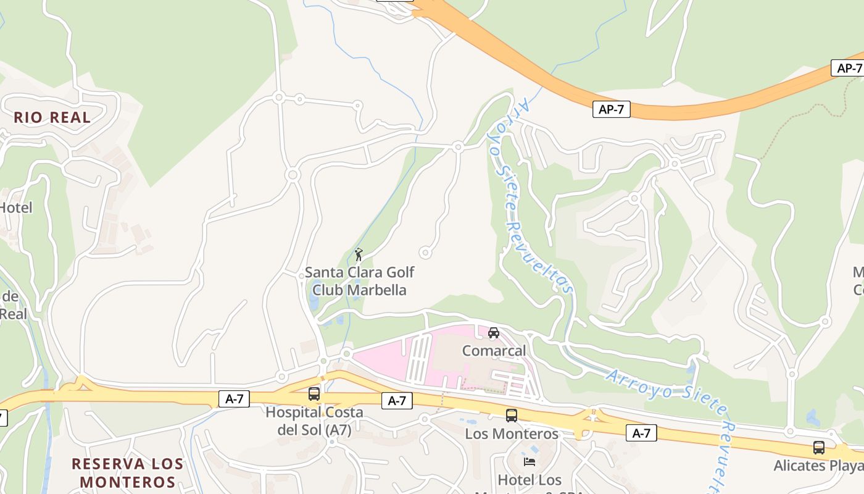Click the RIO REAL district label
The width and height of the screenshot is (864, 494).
click(x=52, y=117)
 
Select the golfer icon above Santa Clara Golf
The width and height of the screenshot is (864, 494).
click(x=359, y=254)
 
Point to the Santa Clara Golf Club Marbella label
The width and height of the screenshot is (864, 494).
click(x=359, y=281)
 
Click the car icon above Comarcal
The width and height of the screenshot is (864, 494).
click(x=494, y=333)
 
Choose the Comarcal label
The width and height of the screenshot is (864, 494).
click(x=494, y=351)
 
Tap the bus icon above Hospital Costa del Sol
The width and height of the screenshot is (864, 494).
click(x=314, y=393)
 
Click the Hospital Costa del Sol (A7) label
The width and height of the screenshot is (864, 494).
click(x=314, y=421)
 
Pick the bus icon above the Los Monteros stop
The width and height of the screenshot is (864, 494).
click(x=511, y=416)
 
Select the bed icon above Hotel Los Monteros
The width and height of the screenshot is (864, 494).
click(x=529, y=461)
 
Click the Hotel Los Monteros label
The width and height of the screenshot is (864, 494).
click(x=530, y=480)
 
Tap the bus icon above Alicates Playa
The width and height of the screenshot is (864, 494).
click(x=819, y=448)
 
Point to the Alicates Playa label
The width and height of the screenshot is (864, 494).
click(x=819, y=465)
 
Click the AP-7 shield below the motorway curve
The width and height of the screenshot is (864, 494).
click(x=612, y=110)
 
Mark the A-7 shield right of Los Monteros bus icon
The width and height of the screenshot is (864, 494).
click(x=641, y=433)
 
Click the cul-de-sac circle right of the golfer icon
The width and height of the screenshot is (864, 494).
click(x=425, y=252)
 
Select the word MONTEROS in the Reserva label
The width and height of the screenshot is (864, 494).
click(x=127, y=482)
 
